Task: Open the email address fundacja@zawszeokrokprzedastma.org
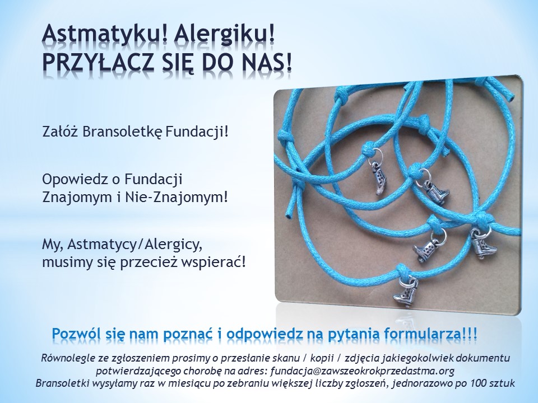click(363, 371)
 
